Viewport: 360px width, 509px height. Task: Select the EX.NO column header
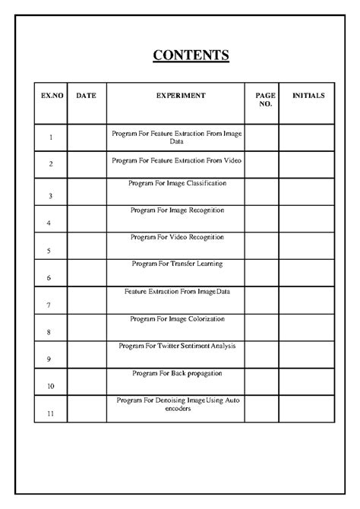(50, 96)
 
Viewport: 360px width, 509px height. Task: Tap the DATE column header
(86, 96)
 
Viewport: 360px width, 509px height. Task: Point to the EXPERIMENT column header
(181, 96)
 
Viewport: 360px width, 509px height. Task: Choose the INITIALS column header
(308, 96)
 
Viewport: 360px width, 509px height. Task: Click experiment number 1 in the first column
(50, 138)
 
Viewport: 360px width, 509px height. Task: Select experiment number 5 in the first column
(49, 251)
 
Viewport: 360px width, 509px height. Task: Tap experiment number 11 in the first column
(50, 413)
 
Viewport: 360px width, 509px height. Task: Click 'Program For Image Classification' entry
(177, 183)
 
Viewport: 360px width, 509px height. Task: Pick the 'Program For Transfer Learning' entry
(177, 264)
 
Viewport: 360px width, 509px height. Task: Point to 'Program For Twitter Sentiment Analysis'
(177, 346)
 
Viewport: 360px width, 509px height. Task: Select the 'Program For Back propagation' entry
(177, 373)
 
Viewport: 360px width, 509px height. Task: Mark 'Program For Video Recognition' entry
(177, 237)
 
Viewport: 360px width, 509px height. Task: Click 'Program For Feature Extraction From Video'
(177, 160)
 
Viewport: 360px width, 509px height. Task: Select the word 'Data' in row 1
(176, 142)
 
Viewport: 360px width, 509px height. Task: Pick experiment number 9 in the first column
(49, 359)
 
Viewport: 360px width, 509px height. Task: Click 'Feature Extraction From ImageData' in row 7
(177, 291)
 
